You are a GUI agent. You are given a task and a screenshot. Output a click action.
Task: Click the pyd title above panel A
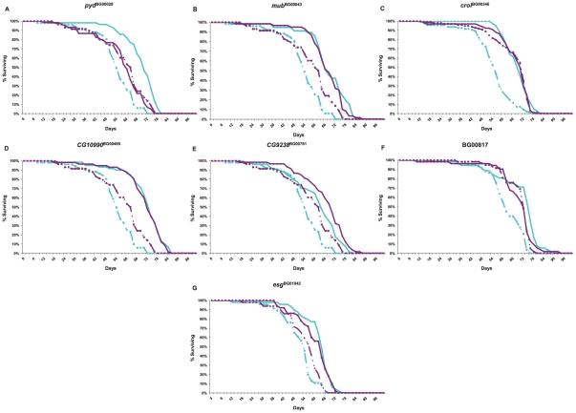98,8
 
